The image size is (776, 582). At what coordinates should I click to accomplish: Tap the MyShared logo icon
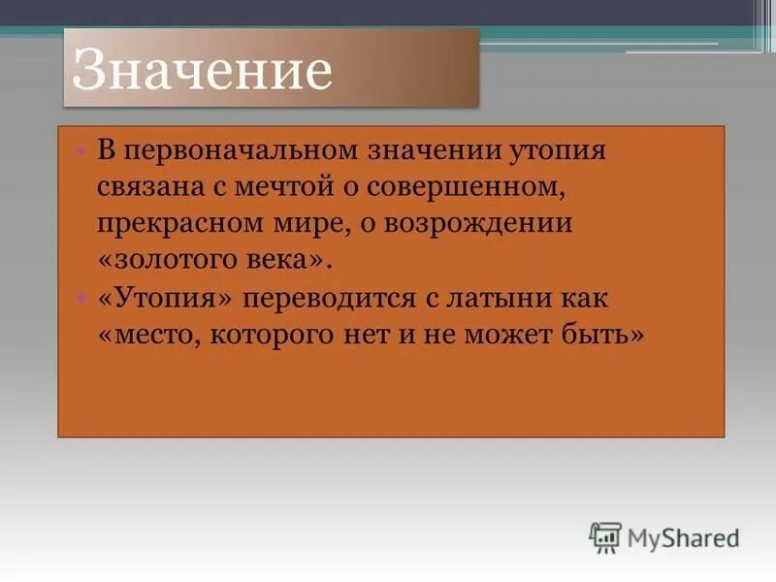point(604,536)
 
